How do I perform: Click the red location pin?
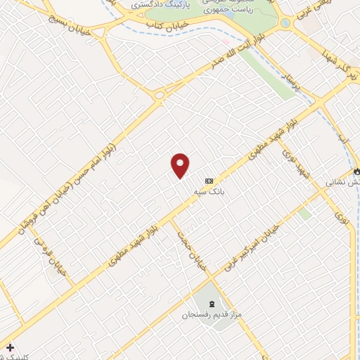[x=181, y=165]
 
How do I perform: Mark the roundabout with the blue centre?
[x=285, y=23]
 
